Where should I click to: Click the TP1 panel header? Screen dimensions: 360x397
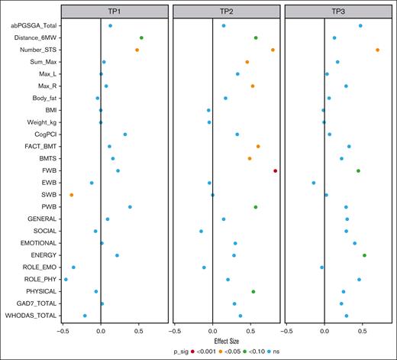coord(113,11)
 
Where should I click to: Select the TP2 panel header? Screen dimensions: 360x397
coord(224,11)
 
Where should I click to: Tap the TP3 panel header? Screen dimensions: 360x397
coord(336,11)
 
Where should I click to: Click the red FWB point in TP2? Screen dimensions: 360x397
coord(275,170)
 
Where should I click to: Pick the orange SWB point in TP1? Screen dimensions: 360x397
coord(72,195)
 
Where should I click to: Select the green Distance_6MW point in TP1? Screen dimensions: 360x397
coord(141,37)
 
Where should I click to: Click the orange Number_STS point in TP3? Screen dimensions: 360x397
coord(378,50)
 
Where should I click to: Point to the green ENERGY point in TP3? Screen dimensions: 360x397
coord(364,255)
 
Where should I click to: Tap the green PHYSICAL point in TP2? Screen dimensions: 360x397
coord(253,291)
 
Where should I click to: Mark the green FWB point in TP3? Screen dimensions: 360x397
coord(358,170)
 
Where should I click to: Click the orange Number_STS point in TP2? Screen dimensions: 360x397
coord(273,50)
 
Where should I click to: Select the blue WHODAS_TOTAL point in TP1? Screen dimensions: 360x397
coord(85,316)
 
